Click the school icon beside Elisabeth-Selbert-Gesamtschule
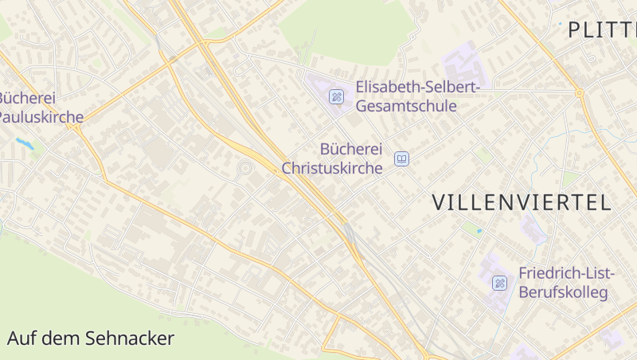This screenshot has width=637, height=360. click(x=337, y=96)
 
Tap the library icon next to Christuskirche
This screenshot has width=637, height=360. click(x=402, y=159)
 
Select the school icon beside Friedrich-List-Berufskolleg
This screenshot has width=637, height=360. click(x=499, y=283)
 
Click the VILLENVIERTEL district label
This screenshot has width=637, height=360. click(x=522, y=202)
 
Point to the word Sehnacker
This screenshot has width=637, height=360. click(x=131, y=338)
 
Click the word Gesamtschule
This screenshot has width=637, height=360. click(x=406, y=106)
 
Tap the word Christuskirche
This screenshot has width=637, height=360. click(x=332, y=168)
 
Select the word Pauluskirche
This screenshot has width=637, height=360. click(x=40, y=118)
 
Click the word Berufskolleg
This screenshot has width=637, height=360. click(x=563, y=292)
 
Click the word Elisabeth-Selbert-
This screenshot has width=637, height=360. click(x=418, y=87)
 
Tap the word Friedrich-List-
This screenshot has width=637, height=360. click(x=566, y=273)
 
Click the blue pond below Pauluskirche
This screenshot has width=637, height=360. click(x=25, y=144)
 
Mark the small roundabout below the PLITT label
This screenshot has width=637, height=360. click(x=580, y=93)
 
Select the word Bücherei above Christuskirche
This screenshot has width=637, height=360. click(x=351, y=149)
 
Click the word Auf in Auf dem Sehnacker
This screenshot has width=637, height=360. click(x=21, y=338)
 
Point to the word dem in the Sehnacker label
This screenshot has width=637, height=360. click(x=63, y=338)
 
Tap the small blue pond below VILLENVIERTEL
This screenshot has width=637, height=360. click(x=479, y=231)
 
